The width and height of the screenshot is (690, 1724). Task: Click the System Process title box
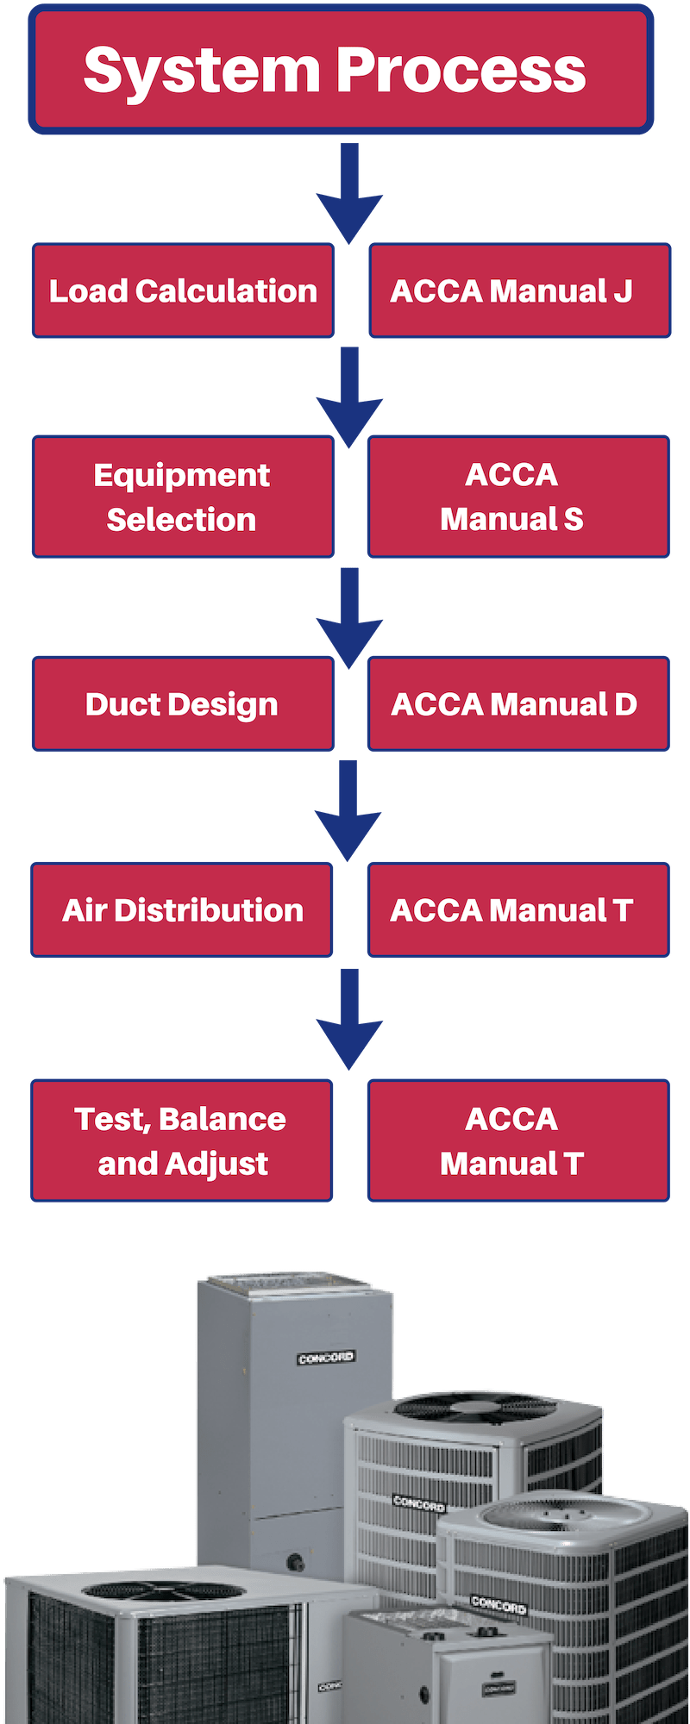(341, 69)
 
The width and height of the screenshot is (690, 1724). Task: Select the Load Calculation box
(183, 290)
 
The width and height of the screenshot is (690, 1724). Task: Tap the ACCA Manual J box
(519, 290)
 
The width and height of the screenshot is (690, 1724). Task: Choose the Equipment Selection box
(183, 497)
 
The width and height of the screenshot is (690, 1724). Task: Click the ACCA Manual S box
(518, 497)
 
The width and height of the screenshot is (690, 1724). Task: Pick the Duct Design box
(182, 703)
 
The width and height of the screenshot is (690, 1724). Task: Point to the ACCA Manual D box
(518, 703)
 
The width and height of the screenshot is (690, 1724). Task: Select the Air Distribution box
(182, 909)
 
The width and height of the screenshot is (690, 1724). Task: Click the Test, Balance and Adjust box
(182, 1140)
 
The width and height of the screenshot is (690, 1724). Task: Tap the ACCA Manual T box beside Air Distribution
(518, 909)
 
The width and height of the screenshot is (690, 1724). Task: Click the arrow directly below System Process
(349, 194)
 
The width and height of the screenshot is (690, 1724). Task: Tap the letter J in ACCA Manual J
(623, 291)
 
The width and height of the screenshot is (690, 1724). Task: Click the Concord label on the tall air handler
(326, 1358)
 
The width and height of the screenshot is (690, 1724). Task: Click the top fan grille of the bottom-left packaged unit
(164, 1590)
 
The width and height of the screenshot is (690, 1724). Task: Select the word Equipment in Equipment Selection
(182, 476)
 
